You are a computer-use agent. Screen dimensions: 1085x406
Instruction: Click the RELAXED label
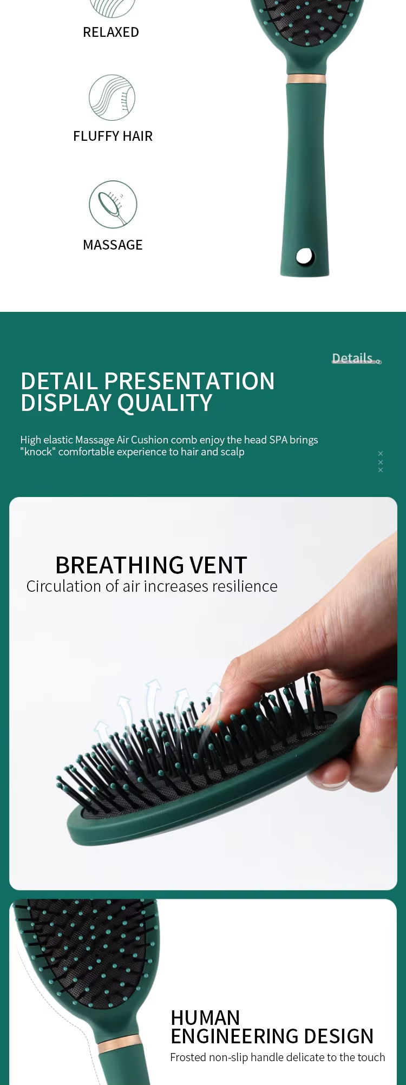(111, 32)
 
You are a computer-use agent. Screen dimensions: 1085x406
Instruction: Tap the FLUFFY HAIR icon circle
(112, 97)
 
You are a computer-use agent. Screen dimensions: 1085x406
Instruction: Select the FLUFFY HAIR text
(113, 136)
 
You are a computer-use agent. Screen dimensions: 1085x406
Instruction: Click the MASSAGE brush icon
(113, 204)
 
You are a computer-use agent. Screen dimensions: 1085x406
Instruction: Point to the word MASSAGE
(113, 245)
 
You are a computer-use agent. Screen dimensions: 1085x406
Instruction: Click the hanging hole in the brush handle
(305, 256)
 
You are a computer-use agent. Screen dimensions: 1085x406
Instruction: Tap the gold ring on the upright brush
(306, 79)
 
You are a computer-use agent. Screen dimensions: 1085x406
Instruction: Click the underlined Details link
(353, 358)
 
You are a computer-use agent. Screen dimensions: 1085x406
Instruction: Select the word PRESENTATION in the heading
(189, 382)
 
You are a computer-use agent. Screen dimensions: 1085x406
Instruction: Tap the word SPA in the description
(278, 440)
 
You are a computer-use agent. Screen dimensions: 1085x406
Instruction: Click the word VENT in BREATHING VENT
(219, 566)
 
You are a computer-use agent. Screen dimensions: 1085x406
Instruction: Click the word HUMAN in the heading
(205, 1018)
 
